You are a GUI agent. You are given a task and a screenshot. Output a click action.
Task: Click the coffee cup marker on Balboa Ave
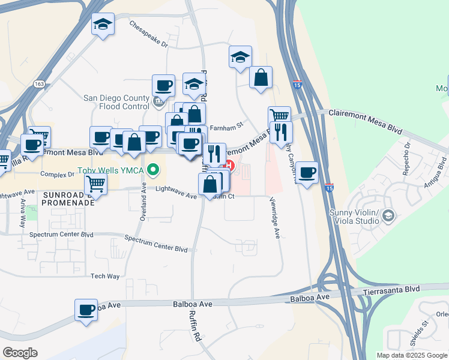point(86,310)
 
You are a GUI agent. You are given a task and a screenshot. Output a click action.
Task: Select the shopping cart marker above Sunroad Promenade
point(95,185)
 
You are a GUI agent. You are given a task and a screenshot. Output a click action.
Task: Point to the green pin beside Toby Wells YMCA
point(154,170)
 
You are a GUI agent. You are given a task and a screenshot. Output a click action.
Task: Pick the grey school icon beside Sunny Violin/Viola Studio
point(389,215)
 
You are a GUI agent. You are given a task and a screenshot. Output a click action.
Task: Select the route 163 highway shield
point(40,84)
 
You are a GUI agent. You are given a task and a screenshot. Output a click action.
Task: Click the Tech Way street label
point(105,276)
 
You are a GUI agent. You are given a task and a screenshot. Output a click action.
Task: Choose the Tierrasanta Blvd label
point(391,290)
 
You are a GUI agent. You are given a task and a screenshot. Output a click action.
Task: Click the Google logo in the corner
point(20,353)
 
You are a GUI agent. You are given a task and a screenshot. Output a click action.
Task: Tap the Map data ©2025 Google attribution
point(412,355)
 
